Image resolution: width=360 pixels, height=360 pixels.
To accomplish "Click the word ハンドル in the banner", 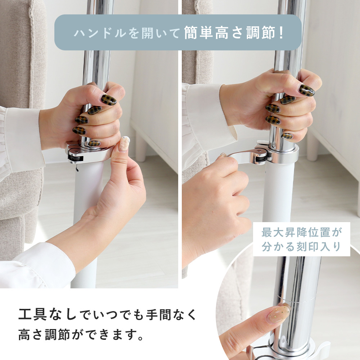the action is click(100, 33).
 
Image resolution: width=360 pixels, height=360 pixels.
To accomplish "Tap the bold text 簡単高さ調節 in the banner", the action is click(230, 33).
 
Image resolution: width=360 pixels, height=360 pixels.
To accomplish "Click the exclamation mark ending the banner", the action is click(282, 33).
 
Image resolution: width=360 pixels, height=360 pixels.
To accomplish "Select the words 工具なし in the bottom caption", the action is click(47, 314).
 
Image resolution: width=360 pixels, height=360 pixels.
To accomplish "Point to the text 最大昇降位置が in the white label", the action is click(301, 232).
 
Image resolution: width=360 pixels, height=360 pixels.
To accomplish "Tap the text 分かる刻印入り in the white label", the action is click(301, 247).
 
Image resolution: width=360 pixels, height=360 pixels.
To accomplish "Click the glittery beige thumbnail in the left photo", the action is click(125, 143).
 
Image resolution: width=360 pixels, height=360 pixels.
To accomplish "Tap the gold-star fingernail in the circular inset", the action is click(279, 313).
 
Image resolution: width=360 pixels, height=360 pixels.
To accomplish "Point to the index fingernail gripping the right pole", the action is click(306, 90).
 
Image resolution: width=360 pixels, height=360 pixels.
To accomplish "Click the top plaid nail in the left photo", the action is click(109, 100).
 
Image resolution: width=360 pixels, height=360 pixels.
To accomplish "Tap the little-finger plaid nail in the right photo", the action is click(287, 136).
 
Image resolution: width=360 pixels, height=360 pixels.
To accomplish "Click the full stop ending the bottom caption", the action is click(140, 338).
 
